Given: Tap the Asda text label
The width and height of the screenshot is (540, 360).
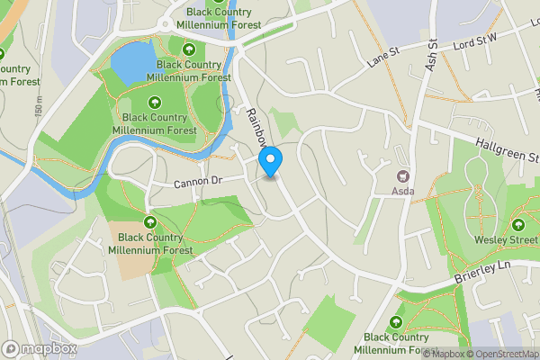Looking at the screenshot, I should pyautogui.click(x=402, y=191).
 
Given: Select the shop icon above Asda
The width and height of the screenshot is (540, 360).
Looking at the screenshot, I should pyautogui.click(x=402, y=175).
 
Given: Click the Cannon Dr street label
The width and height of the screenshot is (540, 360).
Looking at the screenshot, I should pyautogui.click(x=197, y=182).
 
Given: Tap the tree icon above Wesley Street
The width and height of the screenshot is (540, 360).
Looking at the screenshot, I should pyautogui.click(x=517, y=225).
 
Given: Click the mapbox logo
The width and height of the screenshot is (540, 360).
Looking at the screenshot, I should pyautogui.click(x=40, y=348).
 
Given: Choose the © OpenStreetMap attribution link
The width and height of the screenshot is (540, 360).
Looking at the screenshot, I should pyautogui.click(x=502, y=354).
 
